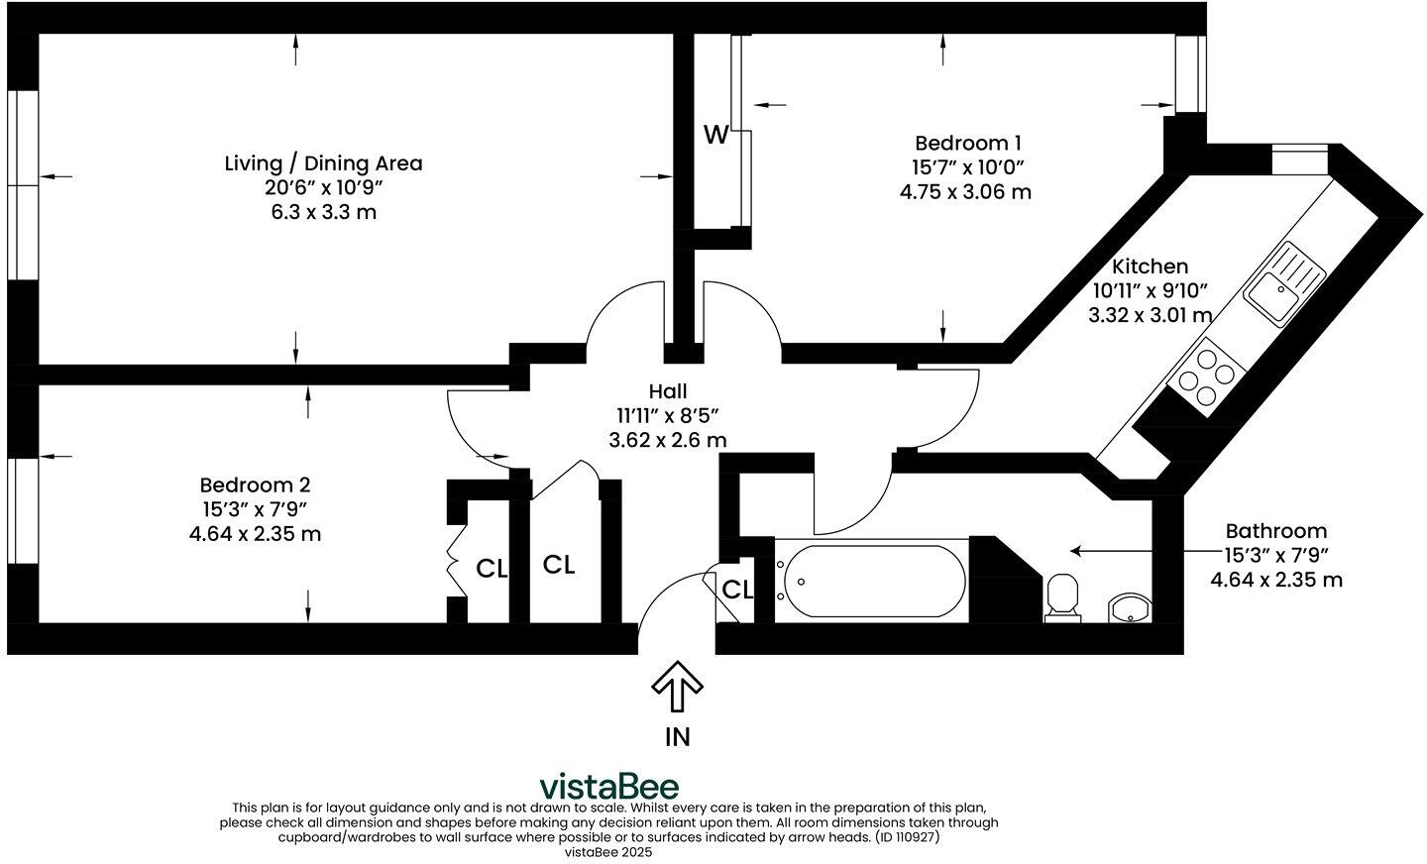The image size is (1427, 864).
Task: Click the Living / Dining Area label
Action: point(324,163)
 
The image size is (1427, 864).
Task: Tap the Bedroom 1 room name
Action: point(968,143)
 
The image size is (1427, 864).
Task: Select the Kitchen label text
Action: point(1150,267)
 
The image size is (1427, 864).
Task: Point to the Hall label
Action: point(668,390)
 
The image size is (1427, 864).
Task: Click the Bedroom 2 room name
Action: point(255,485)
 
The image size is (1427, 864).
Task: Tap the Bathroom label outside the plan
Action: point(1276,531)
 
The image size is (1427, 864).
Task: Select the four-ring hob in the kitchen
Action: point(1206,378)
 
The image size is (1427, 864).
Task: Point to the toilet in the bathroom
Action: point(1062,597)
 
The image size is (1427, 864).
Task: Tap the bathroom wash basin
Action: point(1129,607)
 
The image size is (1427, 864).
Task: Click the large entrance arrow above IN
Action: point(677,686)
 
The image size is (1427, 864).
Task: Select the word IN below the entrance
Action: point(677,737)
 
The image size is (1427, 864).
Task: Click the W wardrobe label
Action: point(716,135)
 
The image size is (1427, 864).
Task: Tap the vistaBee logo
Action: point(609,786)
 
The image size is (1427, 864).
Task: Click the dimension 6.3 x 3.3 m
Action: point(324,212)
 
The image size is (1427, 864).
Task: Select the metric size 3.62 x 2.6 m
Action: point(668,440)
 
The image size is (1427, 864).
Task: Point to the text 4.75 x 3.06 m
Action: point(965,192)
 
